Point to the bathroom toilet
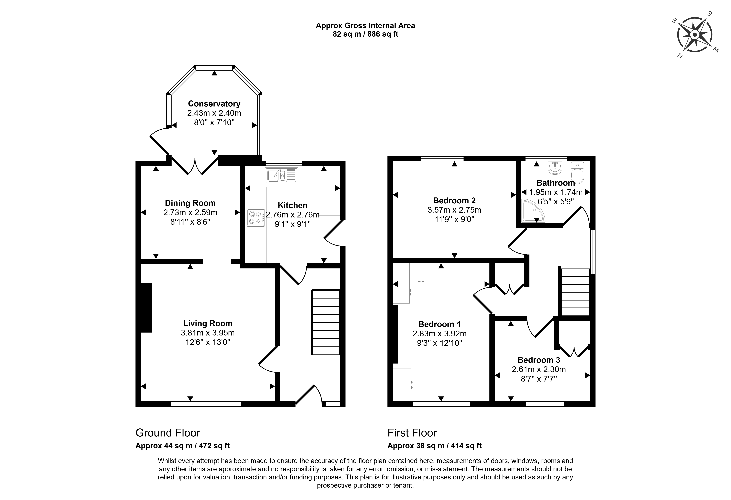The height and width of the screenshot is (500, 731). click(577, 172)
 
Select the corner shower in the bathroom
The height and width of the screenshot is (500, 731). click(533, 210)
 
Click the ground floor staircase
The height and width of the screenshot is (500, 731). click(325, 322)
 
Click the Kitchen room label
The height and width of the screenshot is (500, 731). click(293, 205)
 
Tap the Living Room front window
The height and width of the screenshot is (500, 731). click(206, 404)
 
